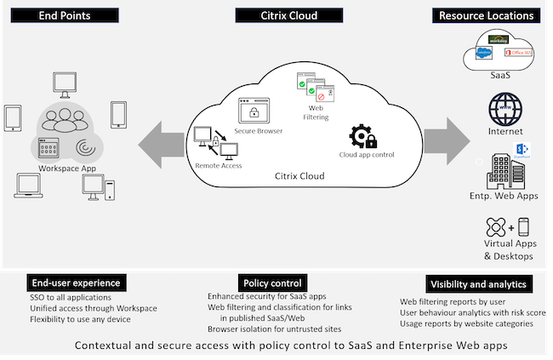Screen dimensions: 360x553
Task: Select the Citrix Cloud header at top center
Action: (276, 14)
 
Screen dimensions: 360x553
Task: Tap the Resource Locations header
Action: (487, 14)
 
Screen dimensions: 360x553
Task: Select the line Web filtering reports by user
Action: (454, 301)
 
